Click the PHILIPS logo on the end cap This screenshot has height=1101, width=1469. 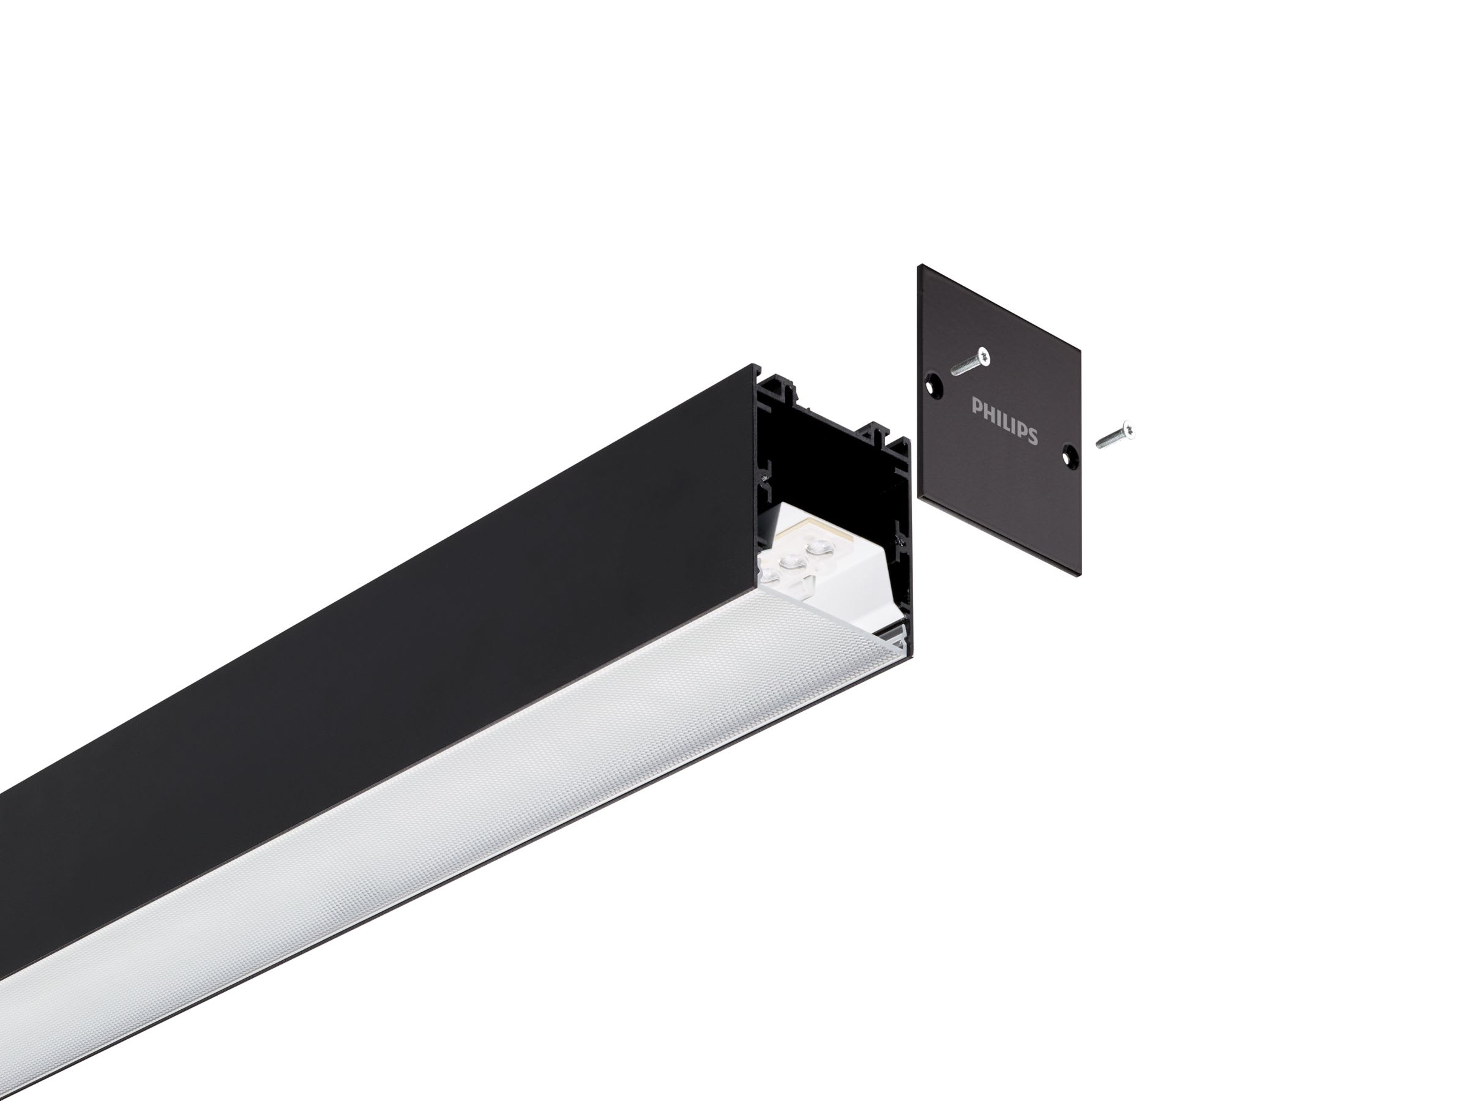[1004, 421]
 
